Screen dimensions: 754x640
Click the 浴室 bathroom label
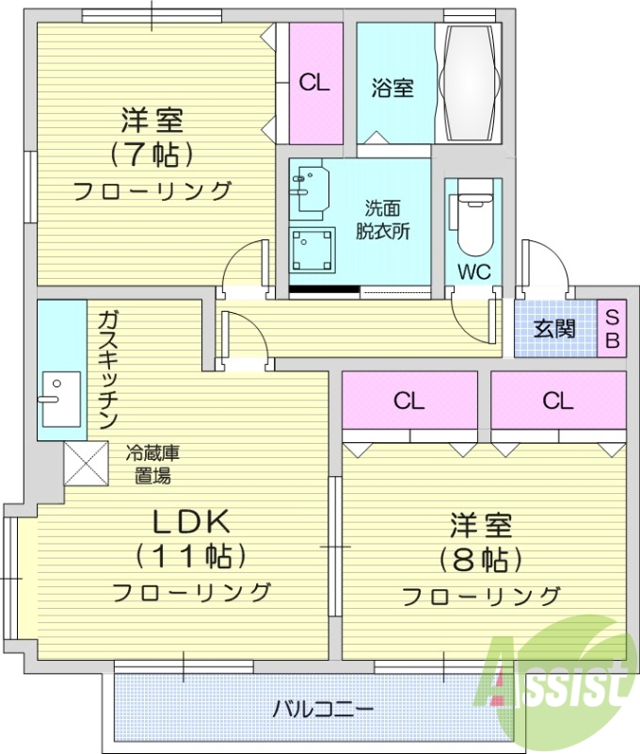pos(392,89)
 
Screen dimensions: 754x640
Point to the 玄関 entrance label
pos(554,329)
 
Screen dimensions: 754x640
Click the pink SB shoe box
pos(612,329)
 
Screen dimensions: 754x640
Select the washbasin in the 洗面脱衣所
pos(309,188)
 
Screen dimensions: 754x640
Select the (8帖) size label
pos(481,559)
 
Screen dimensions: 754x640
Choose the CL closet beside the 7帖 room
pos(314,83)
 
